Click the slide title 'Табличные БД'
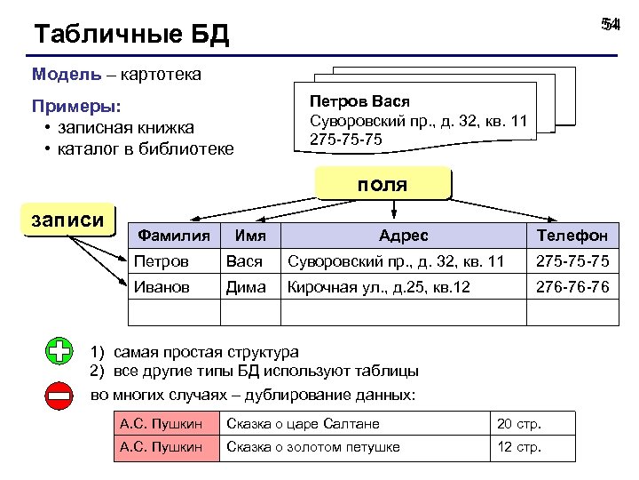[131, 35]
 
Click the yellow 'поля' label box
[383, 185]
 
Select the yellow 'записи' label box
[67, 220]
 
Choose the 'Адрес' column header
[403, 236]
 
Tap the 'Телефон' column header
[572, 236]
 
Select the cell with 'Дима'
[246, 287]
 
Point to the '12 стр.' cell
[519, 447]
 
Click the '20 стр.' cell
[519, 424]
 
